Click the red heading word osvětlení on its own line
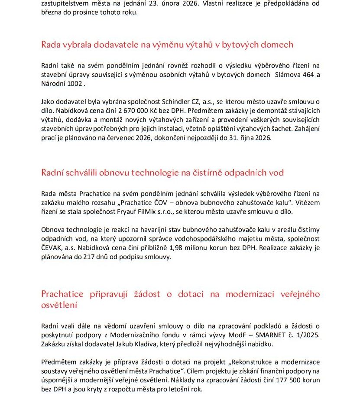59,305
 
